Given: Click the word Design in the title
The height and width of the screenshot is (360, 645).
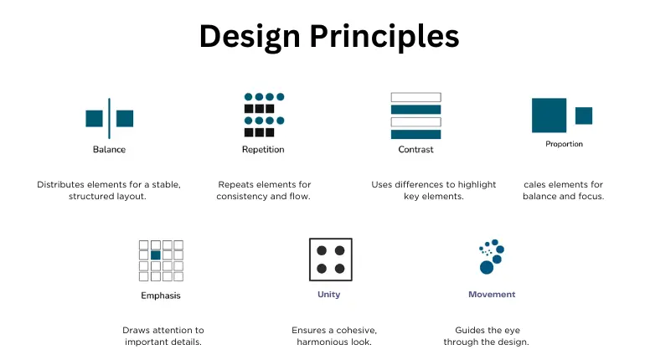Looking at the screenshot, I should click(x=250, y=36).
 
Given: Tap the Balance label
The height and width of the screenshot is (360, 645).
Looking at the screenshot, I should click(x=109, y=150).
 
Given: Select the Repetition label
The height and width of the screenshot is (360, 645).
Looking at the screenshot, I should click(x=263, y=150).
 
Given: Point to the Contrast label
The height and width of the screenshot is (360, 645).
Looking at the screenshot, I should click(x=415, y=150).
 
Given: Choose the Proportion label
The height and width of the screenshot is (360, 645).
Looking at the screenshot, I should click(x=564, y=144).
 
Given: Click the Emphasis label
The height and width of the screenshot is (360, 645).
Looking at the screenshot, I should click(x=160, y=296).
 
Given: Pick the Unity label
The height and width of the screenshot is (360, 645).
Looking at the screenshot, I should click(x=328, y=295).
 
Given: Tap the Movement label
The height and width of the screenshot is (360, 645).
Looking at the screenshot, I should click(x=492, y=295).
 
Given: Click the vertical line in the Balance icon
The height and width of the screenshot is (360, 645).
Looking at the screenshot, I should click(x=109, y=118).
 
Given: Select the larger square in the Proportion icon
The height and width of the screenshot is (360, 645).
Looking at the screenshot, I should click(x=549, y=116).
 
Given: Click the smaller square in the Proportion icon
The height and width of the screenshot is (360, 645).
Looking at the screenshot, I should click(x=584, y=116).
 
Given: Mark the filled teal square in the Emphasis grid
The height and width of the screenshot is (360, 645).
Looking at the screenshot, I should click(x=155, y=255).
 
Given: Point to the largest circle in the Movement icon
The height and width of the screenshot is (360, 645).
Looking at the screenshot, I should click(x=486, y=267).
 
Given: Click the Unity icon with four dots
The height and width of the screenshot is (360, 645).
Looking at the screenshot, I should click(x=330, y=259).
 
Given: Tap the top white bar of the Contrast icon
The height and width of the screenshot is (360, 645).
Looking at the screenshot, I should click(x=415, y=97).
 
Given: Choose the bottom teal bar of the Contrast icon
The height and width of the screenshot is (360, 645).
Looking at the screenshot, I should click(x=415, y=134).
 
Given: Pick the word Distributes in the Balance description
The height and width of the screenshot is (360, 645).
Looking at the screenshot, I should click(x=63, y=184).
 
